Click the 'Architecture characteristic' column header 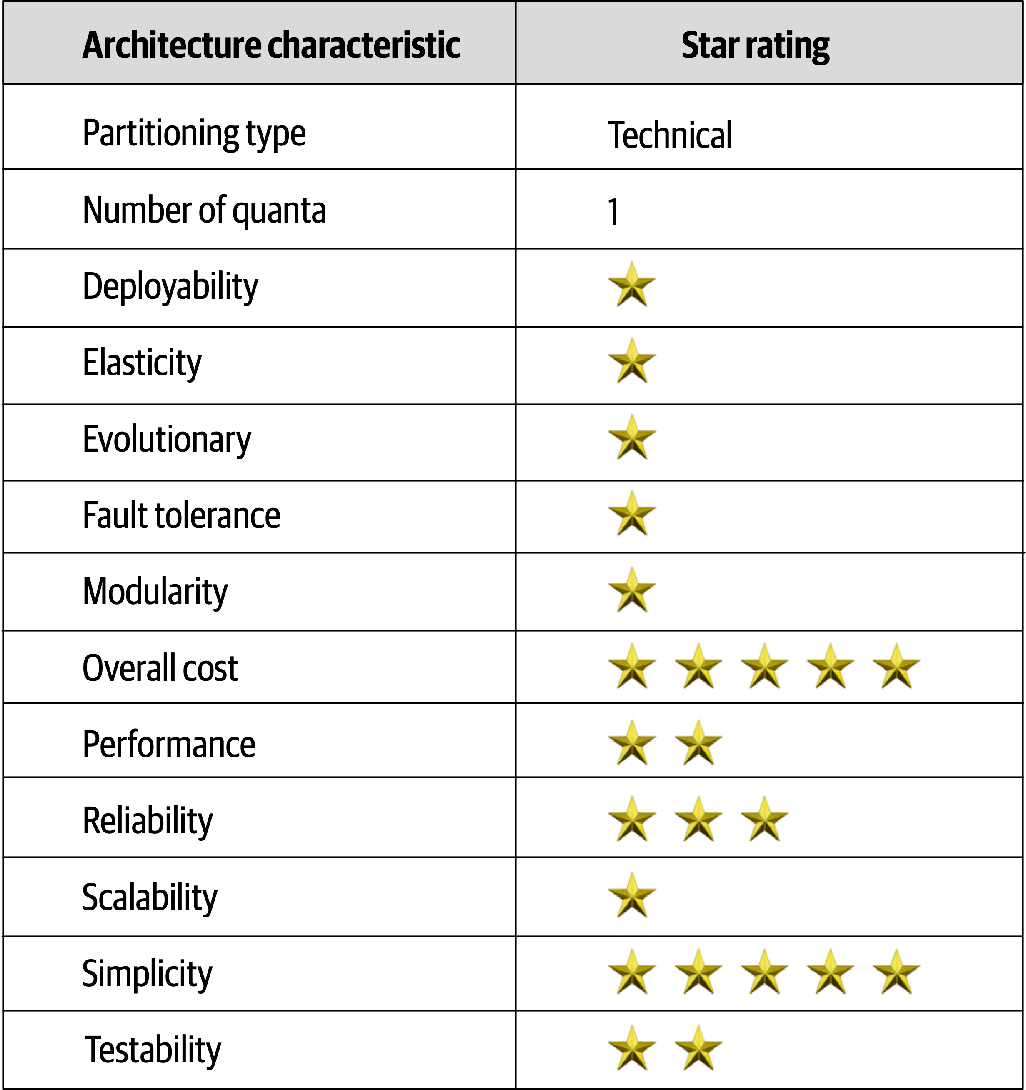coord(271,45)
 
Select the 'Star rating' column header coord(755,45)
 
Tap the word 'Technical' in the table coord(670,135)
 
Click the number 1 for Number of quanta coord(613,212)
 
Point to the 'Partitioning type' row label coord(194,133)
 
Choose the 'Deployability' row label coord(170,287)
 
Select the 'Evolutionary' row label coord(167,439)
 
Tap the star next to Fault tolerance coord(632,514)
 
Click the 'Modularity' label coord(155,592)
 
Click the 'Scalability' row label coord(150,897)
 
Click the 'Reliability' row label coord(148,821)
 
